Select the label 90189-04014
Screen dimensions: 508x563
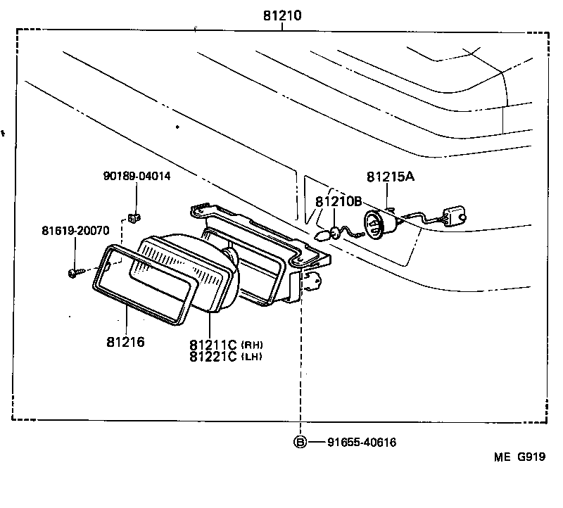(x=136, y=176)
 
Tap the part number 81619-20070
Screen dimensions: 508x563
(x=75, y=230)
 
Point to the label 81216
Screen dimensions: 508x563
(x=125, y=342)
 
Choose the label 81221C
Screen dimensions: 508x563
(x=213, y=357)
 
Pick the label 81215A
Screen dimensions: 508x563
(x=390, y=177)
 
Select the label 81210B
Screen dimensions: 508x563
(x=339, y=201)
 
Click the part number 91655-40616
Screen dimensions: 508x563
(x=362, y=442)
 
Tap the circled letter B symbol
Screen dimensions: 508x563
(x=301, y=442)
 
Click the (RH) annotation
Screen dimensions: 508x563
(x=251, y=344)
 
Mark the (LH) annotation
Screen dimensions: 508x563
(x=251, y=357)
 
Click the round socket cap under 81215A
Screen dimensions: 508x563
(x=376, y=224)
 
